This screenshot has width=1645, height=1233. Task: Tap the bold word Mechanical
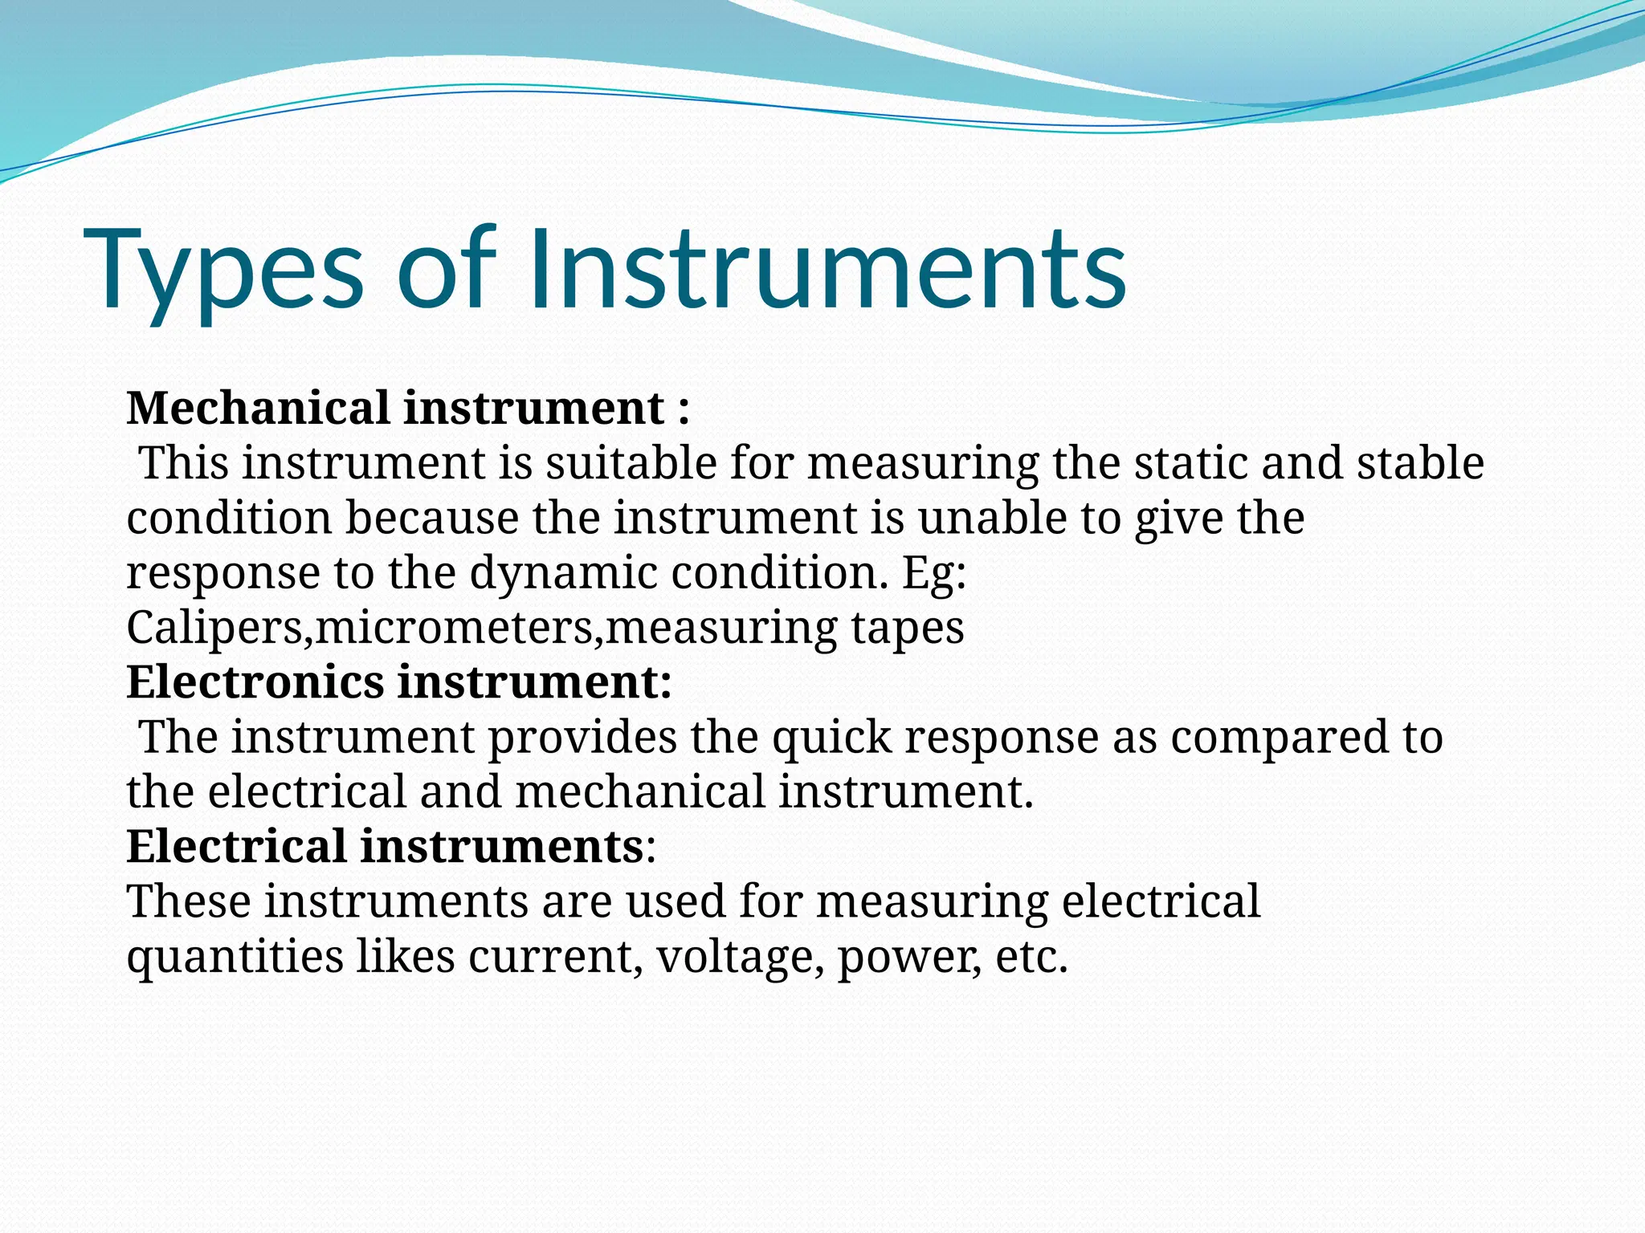tap(258, 408)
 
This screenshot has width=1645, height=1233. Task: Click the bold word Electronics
tap(255, 682)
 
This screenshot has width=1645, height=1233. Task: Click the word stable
tap(1420, 463)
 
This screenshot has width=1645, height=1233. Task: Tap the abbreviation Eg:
tap(934, 574)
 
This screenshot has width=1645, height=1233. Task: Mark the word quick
tap(831, 738)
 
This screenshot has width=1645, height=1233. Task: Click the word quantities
tap(235, 957)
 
